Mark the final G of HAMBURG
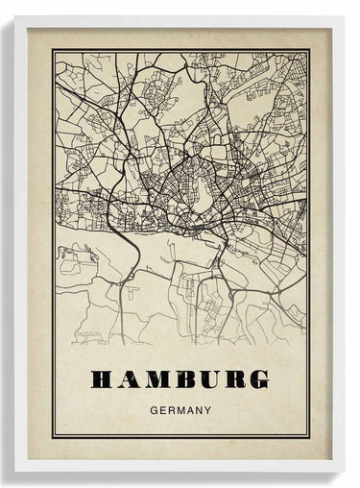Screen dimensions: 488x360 pyautogui.click(x=257, y=379)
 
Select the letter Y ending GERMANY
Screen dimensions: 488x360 pyautogui.click(x=207, y=408)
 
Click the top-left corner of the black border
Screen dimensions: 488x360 pyautogui.click(x=54, y=50)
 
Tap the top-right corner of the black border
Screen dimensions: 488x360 pyautogui.click(x=309, y=50)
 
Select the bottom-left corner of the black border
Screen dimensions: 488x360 pyautogui.click(x=54, y=440)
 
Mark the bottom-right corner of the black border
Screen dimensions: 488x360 pyautogui.click(x=309, y=440)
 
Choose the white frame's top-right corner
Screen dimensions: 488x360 pyautogui.click(x=344, y=16)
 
